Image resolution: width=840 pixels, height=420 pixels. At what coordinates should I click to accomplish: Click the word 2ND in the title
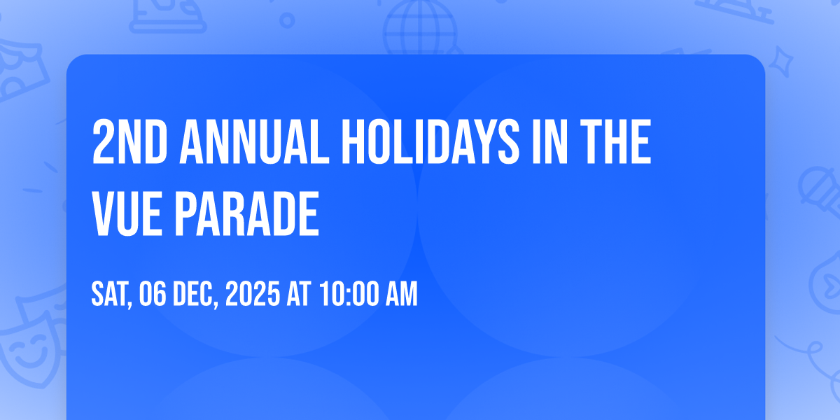pos(129,142)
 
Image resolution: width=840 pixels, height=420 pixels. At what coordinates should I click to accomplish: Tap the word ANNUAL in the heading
pos(254,142)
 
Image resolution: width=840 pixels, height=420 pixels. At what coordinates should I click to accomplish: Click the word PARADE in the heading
pos(247,213)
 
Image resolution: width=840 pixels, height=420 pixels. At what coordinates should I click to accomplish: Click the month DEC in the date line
pos(195,295)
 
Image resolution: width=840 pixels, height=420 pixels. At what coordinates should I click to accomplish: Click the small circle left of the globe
pos(287,20)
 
